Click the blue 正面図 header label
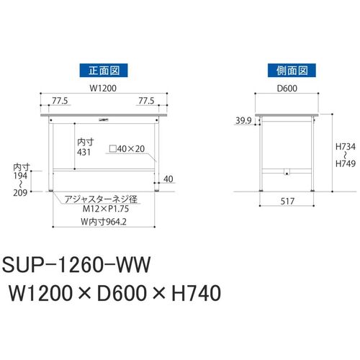tap(104, 71)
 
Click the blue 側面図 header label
tap(292, 71)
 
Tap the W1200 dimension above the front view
tap(103, 88)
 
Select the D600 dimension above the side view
tap(287, 88)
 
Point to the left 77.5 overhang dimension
tap(60, 101)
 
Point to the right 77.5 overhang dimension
tap(146, 101)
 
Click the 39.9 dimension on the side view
tap(243, 120)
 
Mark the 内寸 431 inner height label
tap(85, 147)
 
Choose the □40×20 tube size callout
tap(127, 149)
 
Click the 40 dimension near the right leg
tap(168, 179)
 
